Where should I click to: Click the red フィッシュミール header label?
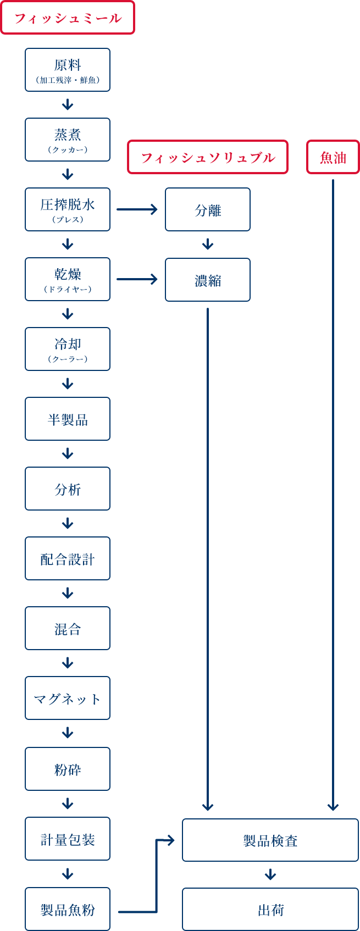coord(68,18)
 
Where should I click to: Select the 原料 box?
coord(68,70)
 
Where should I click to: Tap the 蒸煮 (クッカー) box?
coord(68,140)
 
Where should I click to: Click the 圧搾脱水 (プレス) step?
coord(68,209)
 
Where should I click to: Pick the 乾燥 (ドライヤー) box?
coord(68,279)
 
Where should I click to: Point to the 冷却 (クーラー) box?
coord(68,349)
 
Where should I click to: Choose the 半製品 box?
coord(68,419)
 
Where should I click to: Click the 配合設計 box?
coord(68,558)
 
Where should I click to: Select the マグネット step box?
coord(68,698)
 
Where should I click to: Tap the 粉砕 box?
coord(68,769)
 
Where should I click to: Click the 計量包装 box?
coord(68,839)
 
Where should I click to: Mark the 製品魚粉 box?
coord(68,909)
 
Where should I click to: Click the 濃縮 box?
coord(208,280)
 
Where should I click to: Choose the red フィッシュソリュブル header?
coord(208,158)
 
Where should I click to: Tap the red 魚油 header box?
coord(333,158)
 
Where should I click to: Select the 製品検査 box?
coord(270,840)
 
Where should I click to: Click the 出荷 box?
coord(270,910)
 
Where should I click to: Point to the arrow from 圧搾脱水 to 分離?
coord(137,209)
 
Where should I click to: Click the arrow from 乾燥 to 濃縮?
coord(137,279)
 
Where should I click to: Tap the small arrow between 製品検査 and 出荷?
coord(270,874)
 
